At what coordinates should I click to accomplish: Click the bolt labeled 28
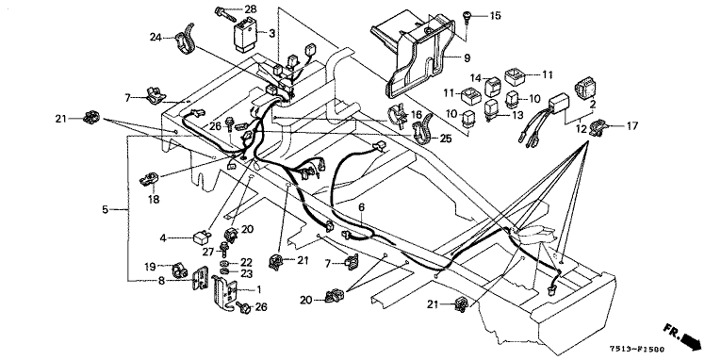[x=225, y=13]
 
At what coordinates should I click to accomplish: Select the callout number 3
[x=272, y=33]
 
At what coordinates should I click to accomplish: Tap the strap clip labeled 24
[x=186, y=39]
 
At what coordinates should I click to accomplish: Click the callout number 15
[x=495, y=16]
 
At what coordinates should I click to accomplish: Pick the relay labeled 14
[x=492, y=87]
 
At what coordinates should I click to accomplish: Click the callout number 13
[x=517, y=116]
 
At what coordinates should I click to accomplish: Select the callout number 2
[x=593, y=105]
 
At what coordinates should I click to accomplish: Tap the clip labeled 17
[x=599, y=127]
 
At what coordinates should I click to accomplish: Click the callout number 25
[x=446, y=139]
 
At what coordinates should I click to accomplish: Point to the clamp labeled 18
[x=148, y=179]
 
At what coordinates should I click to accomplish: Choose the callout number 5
[x=106, y=209]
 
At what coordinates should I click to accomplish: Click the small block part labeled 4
[x=203, y=237]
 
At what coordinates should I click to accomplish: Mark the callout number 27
[x=207, y=252]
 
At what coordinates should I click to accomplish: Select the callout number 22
[x=246, y=263]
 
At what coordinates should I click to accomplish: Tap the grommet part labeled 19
[x=180, y=271]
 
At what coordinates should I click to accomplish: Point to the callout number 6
[x=362, y=207]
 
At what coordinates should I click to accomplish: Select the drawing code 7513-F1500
[x=636, y=349]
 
